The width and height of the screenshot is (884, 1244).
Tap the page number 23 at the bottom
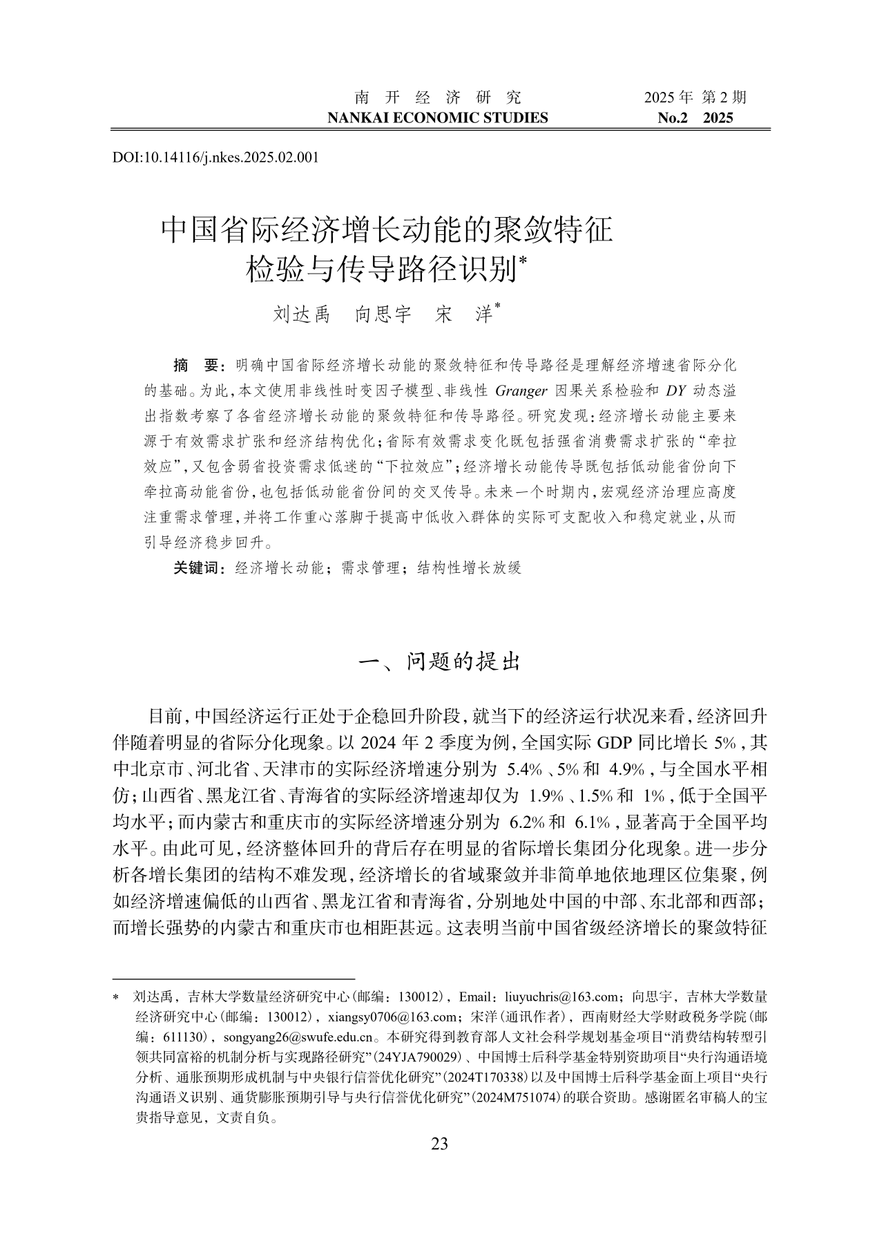click(440, 1144)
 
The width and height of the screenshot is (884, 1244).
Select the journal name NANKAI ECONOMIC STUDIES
click(437, 117)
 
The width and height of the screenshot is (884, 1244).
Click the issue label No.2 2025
click(695, 117)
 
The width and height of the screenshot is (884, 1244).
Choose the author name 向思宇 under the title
click(383, 314)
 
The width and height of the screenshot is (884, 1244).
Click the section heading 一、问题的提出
click(440, 661)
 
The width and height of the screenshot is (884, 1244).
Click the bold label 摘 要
click(195, 365)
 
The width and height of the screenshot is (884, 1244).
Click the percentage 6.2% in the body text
click(528, 822)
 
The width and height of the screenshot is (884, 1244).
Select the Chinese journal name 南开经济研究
click(437, 97)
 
